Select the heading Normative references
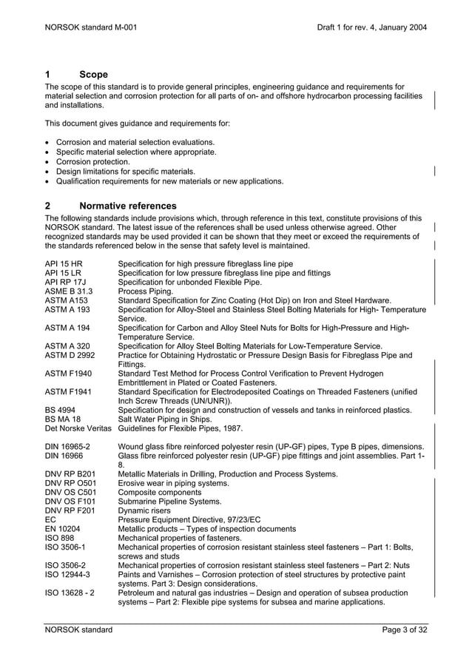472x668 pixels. coord(127,206)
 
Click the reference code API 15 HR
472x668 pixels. coord(64,263)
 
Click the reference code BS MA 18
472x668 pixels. coord(63,419)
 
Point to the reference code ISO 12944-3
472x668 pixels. coord(67,574)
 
